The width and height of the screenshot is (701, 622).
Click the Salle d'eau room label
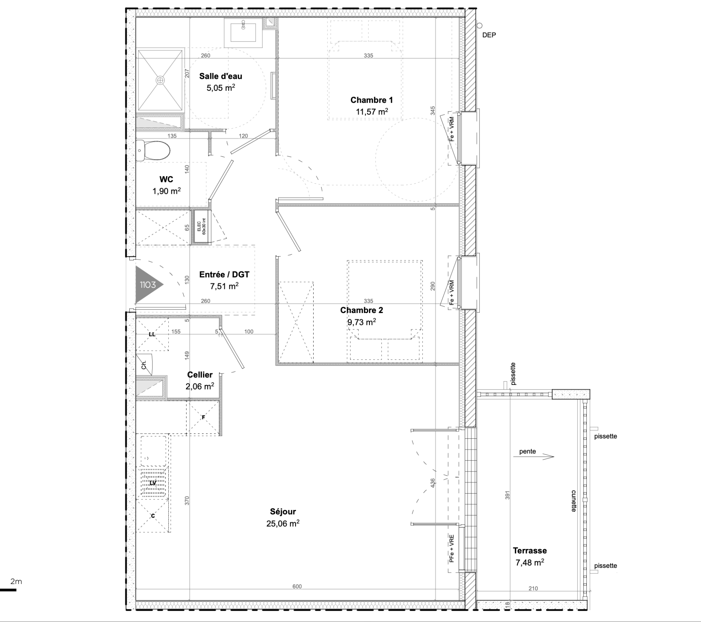click(x=220, y=76)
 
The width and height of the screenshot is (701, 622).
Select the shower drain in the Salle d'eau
click(x=160, y=80)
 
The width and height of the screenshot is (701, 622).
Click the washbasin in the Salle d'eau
click(x=243, y=33)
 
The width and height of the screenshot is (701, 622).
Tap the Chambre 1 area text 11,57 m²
click(x=372, y=112)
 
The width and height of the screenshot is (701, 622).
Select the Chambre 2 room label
click(x=361, y=310)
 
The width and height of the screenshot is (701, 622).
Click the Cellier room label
click(x=200, y=374)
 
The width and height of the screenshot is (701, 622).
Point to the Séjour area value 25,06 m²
click(x=283, y=523)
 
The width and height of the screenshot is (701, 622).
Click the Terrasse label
click(x=530, y=551)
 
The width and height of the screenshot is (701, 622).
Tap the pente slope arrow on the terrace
click(x=534, y=457)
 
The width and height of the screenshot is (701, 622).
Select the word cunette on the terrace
click(x=574, y=501)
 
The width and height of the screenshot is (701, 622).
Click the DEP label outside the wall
click(x=489, y=35)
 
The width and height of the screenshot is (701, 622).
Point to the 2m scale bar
click(x=8, y=590)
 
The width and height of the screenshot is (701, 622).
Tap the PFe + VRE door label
click(x=452, y=548)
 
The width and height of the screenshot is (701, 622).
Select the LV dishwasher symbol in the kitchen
click(x=153, y=483)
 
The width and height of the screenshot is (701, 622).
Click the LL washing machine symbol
click(x=152, y=334)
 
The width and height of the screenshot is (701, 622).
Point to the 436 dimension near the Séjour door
click(x=433, y=483)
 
